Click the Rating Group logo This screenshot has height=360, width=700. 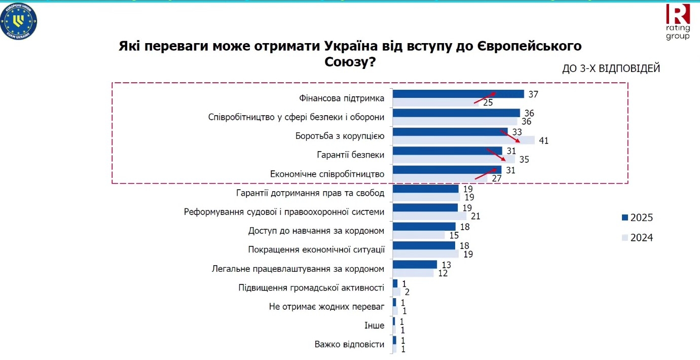tap(677, 21)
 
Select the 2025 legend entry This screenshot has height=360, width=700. tap(637, 218)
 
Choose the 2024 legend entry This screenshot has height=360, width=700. tap(637, 237)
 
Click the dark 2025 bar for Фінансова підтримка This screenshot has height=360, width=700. tap(458, 94)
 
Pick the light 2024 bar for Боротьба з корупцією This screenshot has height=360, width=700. tap(463, 140)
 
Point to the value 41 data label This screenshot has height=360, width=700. tap(544, 140)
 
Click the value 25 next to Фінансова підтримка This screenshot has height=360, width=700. tap(488, 103)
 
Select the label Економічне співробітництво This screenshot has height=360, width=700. tap(327, 174)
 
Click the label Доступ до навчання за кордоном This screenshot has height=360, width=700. tap(316, 231)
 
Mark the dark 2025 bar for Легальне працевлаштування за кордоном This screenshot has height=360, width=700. tap(415, 264)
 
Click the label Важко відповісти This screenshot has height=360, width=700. tap(349, 344)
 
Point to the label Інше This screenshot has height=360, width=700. tap(375, 326)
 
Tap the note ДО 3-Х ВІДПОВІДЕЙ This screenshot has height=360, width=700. tap(611, 68)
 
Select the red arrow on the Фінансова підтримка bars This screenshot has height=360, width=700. tap(485, 98)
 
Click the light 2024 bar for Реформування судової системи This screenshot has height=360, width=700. tap(429, 216)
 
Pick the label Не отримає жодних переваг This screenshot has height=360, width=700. tap(326, 306)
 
